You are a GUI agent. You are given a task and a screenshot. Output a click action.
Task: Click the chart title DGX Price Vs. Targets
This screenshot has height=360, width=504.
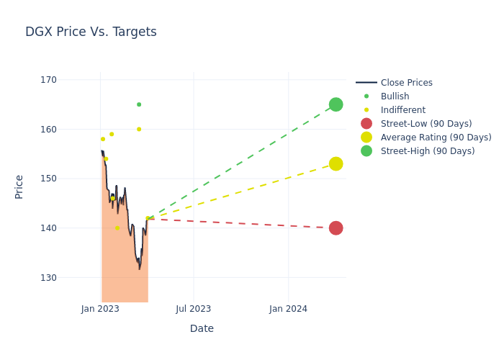(91, 32)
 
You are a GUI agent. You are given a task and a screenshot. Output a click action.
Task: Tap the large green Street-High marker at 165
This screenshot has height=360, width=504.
(336, 104)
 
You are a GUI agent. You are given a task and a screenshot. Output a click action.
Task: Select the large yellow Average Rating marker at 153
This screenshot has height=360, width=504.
(336, 164)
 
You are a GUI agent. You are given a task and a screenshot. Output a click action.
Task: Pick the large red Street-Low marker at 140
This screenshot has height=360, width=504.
(336, 228)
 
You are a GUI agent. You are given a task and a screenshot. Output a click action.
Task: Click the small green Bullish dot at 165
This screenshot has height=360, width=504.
(139, 104)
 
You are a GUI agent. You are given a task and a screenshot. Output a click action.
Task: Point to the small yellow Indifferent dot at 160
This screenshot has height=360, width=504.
(139, 130)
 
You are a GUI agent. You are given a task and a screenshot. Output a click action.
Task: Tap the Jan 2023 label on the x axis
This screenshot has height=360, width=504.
(100, 309)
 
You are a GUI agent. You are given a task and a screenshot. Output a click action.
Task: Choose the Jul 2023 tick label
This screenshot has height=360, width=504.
(194, 309)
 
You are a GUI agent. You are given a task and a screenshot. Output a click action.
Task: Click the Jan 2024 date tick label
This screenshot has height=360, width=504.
(288, 309)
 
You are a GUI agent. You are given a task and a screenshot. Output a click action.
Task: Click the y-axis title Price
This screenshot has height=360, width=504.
(19, 186)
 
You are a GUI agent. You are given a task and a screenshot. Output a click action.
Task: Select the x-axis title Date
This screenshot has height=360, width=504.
(202, 329)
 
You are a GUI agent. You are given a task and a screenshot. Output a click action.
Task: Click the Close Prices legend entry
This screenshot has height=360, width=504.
(406, 83)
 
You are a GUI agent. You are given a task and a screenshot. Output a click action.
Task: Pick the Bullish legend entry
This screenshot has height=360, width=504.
(395, 96)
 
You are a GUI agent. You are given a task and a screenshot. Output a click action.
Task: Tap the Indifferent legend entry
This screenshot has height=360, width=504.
(402, 110)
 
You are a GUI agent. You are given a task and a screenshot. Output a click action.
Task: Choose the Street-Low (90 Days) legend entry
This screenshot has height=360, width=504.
(426, 124)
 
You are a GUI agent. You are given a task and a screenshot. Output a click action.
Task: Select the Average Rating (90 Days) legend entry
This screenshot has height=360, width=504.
(436, 138)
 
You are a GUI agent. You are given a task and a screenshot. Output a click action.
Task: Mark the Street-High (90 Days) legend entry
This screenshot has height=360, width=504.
(427, 151)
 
